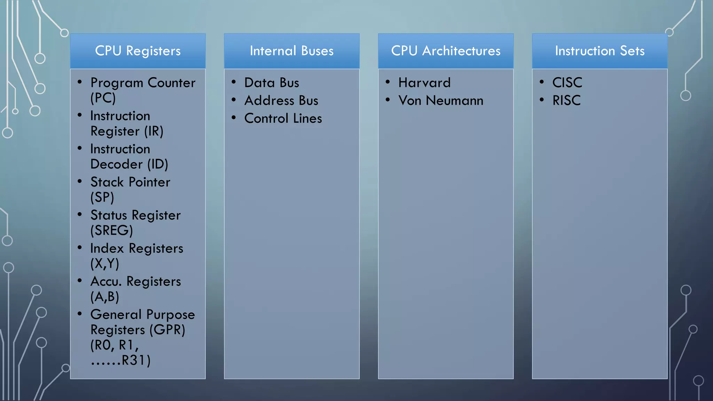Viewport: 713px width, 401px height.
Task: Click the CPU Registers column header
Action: click(138, 51)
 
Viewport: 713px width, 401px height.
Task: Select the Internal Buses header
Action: click(291, 51)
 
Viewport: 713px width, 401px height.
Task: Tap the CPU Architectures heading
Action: click(446, 51)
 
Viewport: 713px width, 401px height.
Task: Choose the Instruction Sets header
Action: click(600, 51)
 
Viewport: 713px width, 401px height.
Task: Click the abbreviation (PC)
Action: click(103, 98)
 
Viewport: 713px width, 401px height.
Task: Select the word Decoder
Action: click(116, 164)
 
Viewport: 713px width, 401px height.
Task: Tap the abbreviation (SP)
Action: click(102, 197)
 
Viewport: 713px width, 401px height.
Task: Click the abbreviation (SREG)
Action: click(112, 230)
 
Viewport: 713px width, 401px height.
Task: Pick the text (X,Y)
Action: click(105, 264)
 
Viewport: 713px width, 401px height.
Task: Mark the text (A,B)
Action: click(105, 297)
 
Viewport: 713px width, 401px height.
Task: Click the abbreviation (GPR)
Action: click(167, 330)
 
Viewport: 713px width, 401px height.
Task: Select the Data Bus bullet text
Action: click(272, 83)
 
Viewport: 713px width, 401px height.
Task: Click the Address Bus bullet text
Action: click(281, 101)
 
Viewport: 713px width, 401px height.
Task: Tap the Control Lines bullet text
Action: click(283, 118)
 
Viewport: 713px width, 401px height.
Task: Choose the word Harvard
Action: click(424, 83)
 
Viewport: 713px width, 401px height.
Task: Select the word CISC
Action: click(567, 83)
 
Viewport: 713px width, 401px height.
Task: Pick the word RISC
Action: click(566, 101)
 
